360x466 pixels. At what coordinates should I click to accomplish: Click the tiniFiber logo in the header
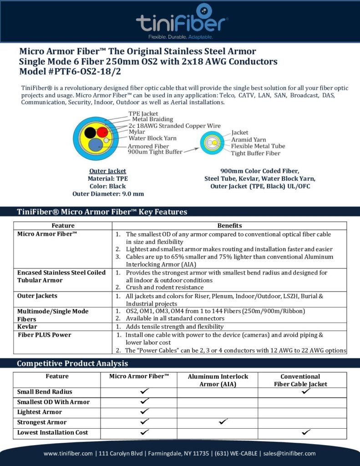point(182,22)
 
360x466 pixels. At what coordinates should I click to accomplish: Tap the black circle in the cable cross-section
point(90,132)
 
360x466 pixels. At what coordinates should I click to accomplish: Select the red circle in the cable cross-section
point(102,132)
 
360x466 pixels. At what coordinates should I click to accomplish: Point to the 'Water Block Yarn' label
point(152,138)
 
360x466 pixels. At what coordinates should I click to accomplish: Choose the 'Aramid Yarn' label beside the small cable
point(248,139)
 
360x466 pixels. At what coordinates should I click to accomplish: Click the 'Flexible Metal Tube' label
point(258,146)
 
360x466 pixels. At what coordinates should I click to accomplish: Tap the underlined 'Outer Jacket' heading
point(108,171)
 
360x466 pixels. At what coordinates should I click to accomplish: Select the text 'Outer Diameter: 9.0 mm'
point(108,193)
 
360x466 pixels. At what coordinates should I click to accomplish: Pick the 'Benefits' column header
point(229,226)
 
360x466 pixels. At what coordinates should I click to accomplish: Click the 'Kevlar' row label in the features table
point(27,327)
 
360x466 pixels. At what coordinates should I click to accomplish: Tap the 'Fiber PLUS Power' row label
point(44,335)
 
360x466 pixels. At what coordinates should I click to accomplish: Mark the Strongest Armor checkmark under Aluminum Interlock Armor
point(223,422)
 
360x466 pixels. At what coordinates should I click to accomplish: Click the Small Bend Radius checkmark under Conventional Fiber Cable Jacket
point(306,391)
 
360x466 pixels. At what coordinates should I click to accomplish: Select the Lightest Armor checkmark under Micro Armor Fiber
point(145,412)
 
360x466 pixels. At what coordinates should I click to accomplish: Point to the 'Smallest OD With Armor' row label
point(53,402)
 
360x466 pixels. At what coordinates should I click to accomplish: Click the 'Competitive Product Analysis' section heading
point(72,363)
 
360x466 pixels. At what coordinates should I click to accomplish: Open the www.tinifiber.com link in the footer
point(69,453)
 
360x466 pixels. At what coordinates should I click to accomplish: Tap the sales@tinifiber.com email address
point(289,453)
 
